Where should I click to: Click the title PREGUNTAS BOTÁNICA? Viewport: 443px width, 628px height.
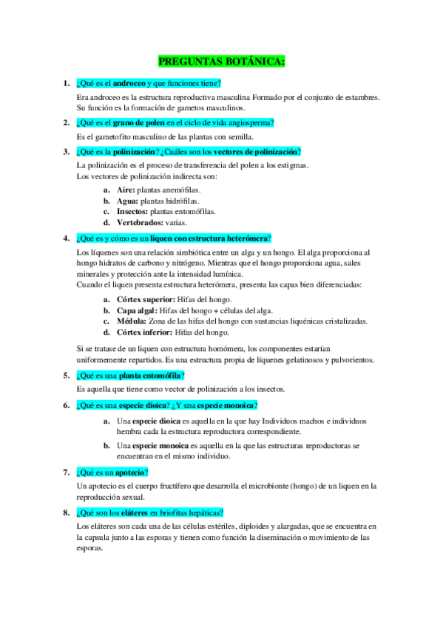pos(222,61)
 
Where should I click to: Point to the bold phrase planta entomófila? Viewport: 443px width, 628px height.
pos(144,375)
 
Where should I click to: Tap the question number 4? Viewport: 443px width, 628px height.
pos(66,238)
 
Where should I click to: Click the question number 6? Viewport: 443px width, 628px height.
pos(66,405)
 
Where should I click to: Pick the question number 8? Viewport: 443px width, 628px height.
pos(66,512)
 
